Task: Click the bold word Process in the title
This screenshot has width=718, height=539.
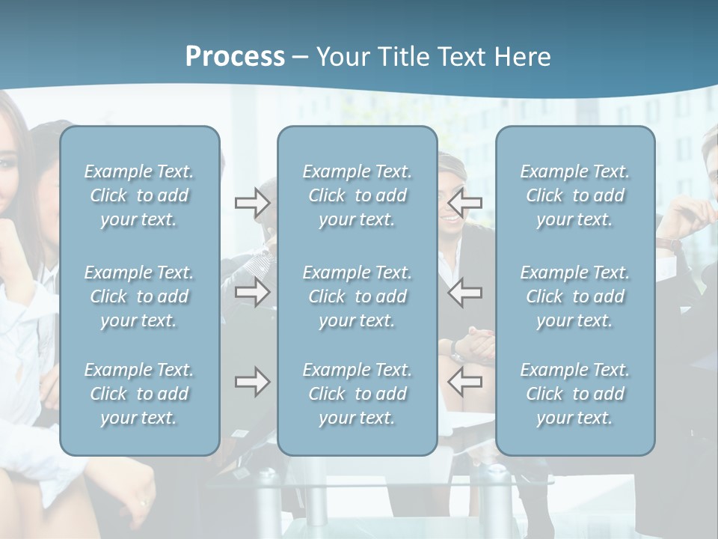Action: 235,56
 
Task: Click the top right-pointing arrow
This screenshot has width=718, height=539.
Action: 252,203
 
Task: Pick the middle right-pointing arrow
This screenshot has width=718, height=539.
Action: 252,293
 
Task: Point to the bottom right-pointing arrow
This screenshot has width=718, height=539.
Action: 252,383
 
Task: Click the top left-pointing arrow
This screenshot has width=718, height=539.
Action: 464,203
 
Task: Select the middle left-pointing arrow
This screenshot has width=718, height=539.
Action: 464,293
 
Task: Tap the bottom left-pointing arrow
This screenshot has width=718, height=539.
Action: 464,383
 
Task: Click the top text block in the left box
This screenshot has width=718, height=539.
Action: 139,195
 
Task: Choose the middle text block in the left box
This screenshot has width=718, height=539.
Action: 139,296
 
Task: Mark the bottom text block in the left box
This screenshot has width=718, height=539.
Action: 139,394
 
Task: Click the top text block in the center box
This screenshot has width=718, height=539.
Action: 357,195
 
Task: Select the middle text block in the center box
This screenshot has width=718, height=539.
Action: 357,296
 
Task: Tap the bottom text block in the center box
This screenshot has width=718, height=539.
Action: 357,394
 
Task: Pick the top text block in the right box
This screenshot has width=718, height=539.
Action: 574,195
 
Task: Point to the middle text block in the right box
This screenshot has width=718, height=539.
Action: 574,296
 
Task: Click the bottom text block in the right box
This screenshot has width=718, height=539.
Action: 574,394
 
